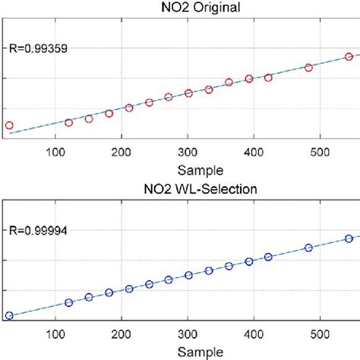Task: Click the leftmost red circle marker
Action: pos(9,125)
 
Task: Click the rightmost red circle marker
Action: pos(349,57)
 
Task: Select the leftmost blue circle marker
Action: pos(9,315)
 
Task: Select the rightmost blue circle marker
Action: pos(349,238)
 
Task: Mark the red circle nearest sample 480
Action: pos(308,68)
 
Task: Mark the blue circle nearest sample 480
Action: pos(308,248)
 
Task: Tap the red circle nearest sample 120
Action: pos(69,122)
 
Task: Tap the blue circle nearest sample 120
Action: pos(69,302)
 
